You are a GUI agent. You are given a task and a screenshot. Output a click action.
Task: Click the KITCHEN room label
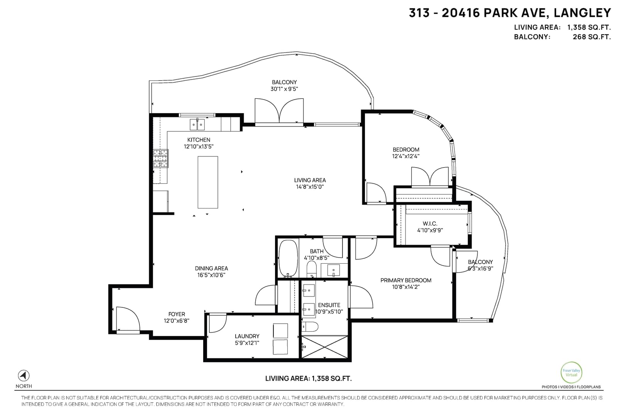click(199, 140)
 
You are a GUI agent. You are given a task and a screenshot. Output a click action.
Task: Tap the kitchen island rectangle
click(208, 182)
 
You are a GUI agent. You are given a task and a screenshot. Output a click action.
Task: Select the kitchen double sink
click(197, 125)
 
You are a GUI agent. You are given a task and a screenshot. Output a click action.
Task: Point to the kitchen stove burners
click(161, 159)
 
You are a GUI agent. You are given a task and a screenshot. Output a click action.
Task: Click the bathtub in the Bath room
click(288, 258)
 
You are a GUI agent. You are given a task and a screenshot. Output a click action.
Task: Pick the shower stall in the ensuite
click(324, 347)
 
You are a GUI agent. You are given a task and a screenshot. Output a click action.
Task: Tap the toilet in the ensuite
click(310, 327)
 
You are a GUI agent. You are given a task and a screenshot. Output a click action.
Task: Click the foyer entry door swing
click(128, 319)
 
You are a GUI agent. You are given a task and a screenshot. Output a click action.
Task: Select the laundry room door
click(218, 323)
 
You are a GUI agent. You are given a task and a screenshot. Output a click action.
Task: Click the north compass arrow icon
click(24, 376)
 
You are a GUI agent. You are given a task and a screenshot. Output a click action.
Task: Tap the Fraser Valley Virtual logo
click(571, 372)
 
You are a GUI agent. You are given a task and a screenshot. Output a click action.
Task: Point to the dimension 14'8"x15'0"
click(310, 187)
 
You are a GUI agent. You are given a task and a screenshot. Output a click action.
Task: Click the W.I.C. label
click(430, 223)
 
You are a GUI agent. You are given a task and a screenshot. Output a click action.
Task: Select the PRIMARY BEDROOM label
click(406, 280)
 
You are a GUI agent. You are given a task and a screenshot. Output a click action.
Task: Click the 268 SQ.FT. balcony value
click(592, 37)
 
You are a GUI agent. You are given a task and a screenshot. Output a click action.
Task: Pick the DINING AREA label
click(211, 268)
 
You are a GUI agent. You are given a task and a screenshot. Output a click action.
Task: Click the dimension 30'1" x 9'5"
click(284, 89)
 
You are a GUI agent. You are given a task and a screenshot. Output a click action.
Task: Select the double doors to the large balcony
click(279, 112)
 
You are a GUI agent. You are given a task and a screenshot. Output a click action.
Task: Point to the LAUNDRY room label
click(247, 336)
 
